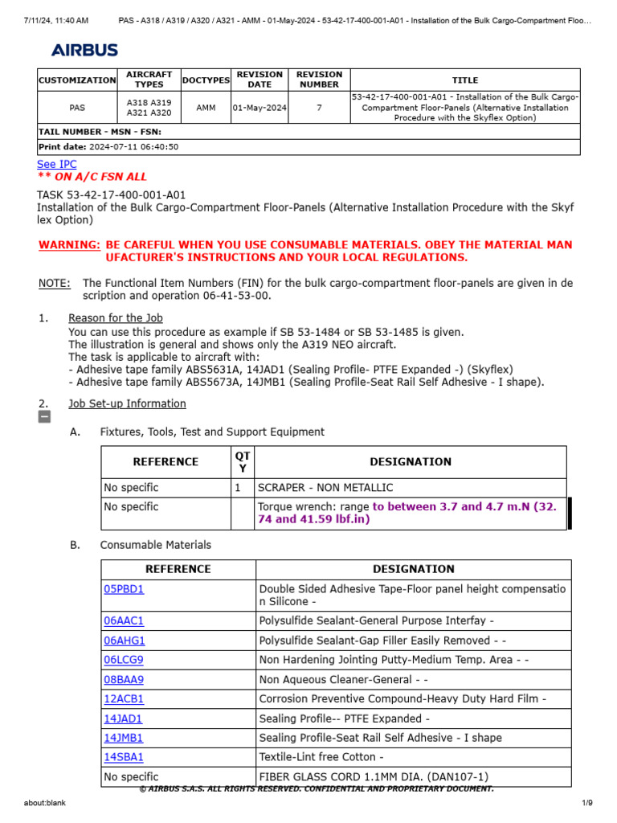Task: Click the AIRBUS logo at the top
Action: click(84, 50)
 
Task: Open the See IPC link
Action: click(57, 164)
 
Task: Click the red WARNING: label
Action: click(70, 244)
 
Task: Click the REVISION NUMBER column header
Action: click(319, 80)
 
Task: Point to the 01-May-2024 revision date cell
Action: click(259, 108)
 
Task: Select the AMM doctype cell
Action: click(206, 108)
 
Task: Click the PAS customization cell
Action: click(77, 108)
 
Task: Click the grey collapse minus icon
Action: click(44, 416)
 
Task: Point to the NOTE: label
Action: click(54, 283)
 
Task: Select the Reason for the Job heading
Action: click(116, 318)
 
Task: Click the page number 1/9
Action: click(586, 803)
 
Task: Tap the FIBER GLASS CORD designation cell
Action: click(374, 777)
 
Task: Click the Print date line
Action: click(108, 147)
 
